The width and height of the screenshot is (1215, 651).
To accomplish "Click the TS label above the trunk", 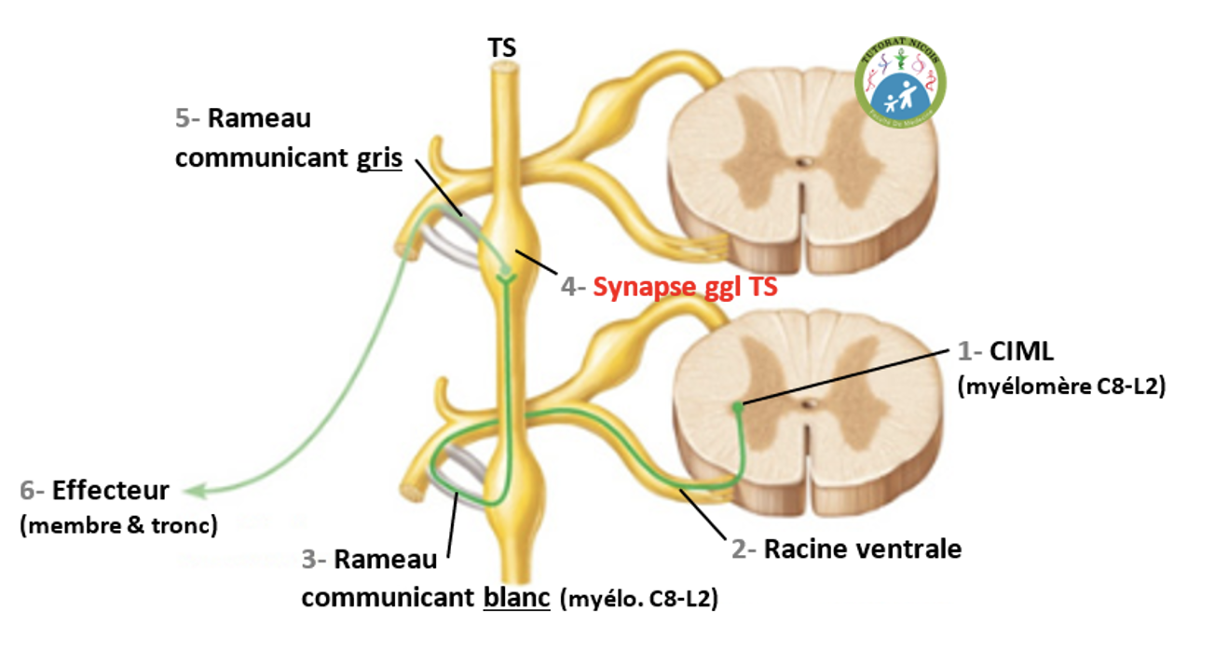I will [x=502, y=47].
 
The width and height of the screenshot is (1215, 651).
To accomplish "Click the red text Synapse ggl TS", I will [x=685, y=288].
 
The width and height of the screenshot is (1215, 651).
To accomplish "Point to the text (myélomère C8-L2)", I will [x=1061, y=387].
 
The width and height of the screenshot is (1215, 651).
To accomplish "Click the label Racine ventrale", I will [x=862, y=549].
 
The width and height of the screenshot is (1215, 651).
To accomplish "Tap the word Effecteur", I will [x=110, y=490].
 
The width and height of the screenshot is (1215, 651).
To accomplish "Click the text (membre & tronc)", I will [x=118, y=524].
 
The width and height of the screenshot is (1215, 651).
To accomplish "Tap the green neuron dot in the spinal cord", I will [x=738, y=406].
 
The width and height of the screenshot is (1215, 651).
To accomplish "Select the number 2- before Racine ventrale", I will [x=743, y=549].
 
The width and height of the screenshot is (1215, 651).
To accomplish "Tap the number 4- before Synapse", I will [x=572, y=288].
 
